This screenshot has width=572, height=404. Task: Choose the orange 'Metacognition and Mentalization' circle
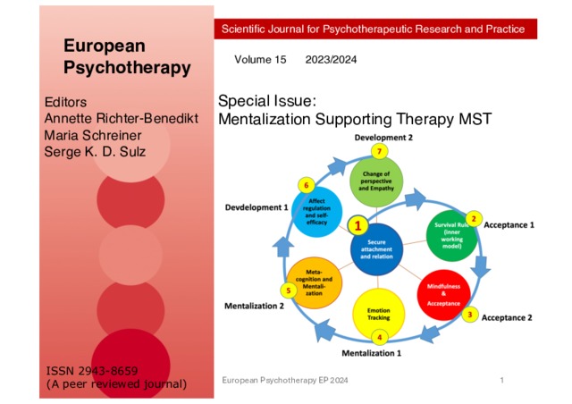[x=309, y=284]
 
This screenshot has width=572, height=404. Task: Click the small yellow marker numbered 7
[x=379, y=152]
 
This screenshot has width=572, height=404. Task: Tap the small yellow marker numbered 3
[x=470, y=315]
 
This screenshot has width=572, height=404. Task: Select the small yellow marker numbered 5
[x=288, y=290]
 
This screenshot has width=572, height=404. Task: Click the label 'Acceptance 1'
[x=509, y=225]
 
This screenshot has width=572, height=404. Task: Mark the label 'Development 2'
[x=383, y=139]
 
